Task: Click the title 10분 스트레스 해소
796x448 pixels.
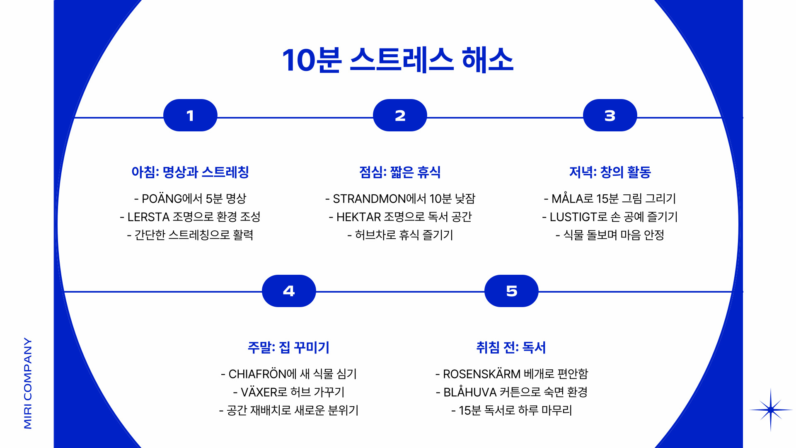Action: [x=398, y=60]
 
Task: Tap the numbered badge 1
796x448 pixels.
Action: [x=190, y=115]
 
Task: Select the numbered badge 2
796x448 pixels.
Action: [x=400, y=115]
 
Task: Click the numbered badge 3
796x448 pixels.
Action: [x=610, y=115]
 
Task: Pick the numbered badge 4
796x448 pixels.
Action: [x=289, y=291]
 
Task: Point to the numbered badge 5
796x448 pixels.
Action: [x=511, y=291]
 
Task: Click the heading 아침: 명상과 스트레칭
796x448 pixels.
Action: [x=190, y=172]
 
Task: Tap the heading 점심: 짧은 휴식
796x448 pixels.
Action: [x=400, y=172]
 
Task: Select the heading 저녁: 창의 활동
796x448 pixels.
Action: [x=610, y=172]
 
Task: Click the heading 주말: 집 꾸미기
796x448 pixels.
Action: [x=288, y=347]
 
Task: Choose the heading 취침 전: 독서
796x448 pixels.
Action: [x=511, y=347]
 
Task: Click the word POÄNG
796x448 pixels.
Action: [x=162, y=199]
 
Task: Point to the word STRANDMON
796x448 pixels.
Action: [x=369, y=199]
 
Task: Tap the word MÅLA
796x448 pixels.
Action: [x=567, y=199]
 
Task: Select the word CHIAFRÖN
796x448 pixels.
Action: [x=257, y=374]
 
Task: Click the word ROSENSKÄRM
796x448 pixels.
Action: [x=481, y=374]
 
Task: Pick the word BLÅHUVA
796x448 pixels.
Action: [x=470, y=392]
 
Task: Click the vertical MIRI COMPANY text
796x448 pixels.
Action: [x=28, y=383]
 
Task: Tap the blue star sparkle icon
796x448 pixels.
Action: [x=770, y=410]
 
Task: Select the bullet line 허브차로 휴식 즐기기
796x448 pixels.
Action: [x=400, y=235]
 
